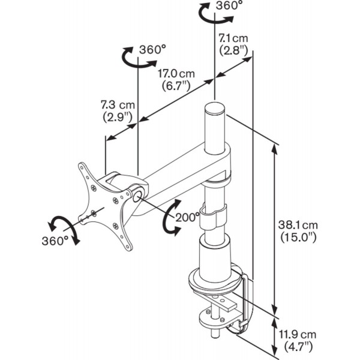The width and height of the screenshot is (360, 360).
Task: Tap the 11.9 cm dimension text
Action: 301,334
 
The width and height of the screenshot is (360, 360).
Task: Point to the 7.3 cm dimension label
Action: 118,104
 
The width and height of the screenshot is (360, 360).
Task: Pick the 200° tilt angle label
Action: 188,217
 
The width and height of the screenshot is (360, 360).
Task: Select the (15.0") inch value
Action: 298,237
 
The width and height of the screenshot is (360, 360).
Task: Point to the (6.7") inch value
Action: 176,86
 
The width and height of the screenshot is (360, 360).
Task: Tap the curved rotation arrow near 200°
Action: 167,223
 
